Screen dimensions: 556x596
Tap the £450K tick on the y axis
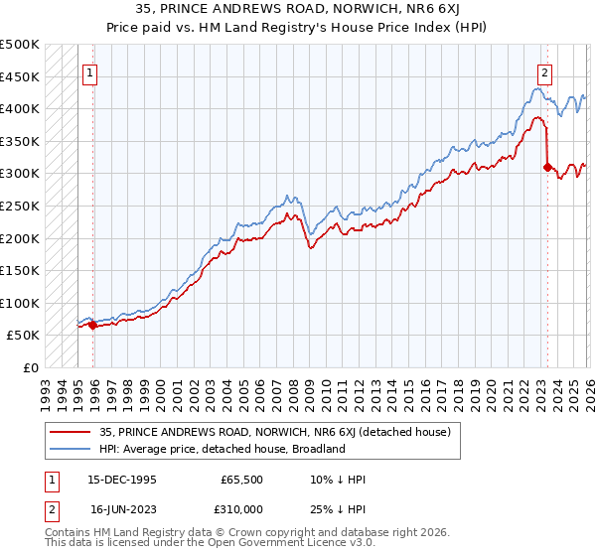tap(20, 76)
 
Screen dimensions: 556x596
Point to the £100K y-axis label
tap(20, 303)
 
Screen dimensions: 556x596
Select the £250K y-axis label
tap(20, 206)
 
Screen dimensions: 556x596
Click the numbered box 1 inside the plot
tap(90, 71)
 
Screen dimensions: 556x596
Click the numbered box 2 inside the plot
tap(545, 71)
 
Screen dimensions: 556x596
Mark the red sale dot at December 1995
tap(93, 325)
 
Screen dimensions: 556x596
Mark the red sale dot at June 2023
tap(547, 167)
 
